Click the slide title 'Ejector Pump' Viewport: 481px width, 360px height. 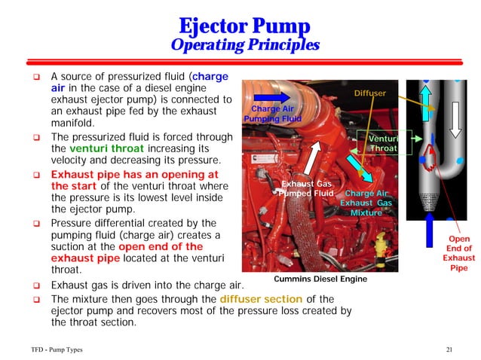240,26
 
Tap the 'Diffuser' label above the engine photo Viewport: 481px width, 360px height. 369,93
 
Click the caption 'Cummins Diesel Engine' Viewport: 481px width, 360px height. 320,279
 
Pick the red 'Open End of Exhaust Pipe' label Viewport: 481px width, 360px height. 458,253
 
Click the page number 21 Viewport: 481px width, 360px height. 450,351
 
